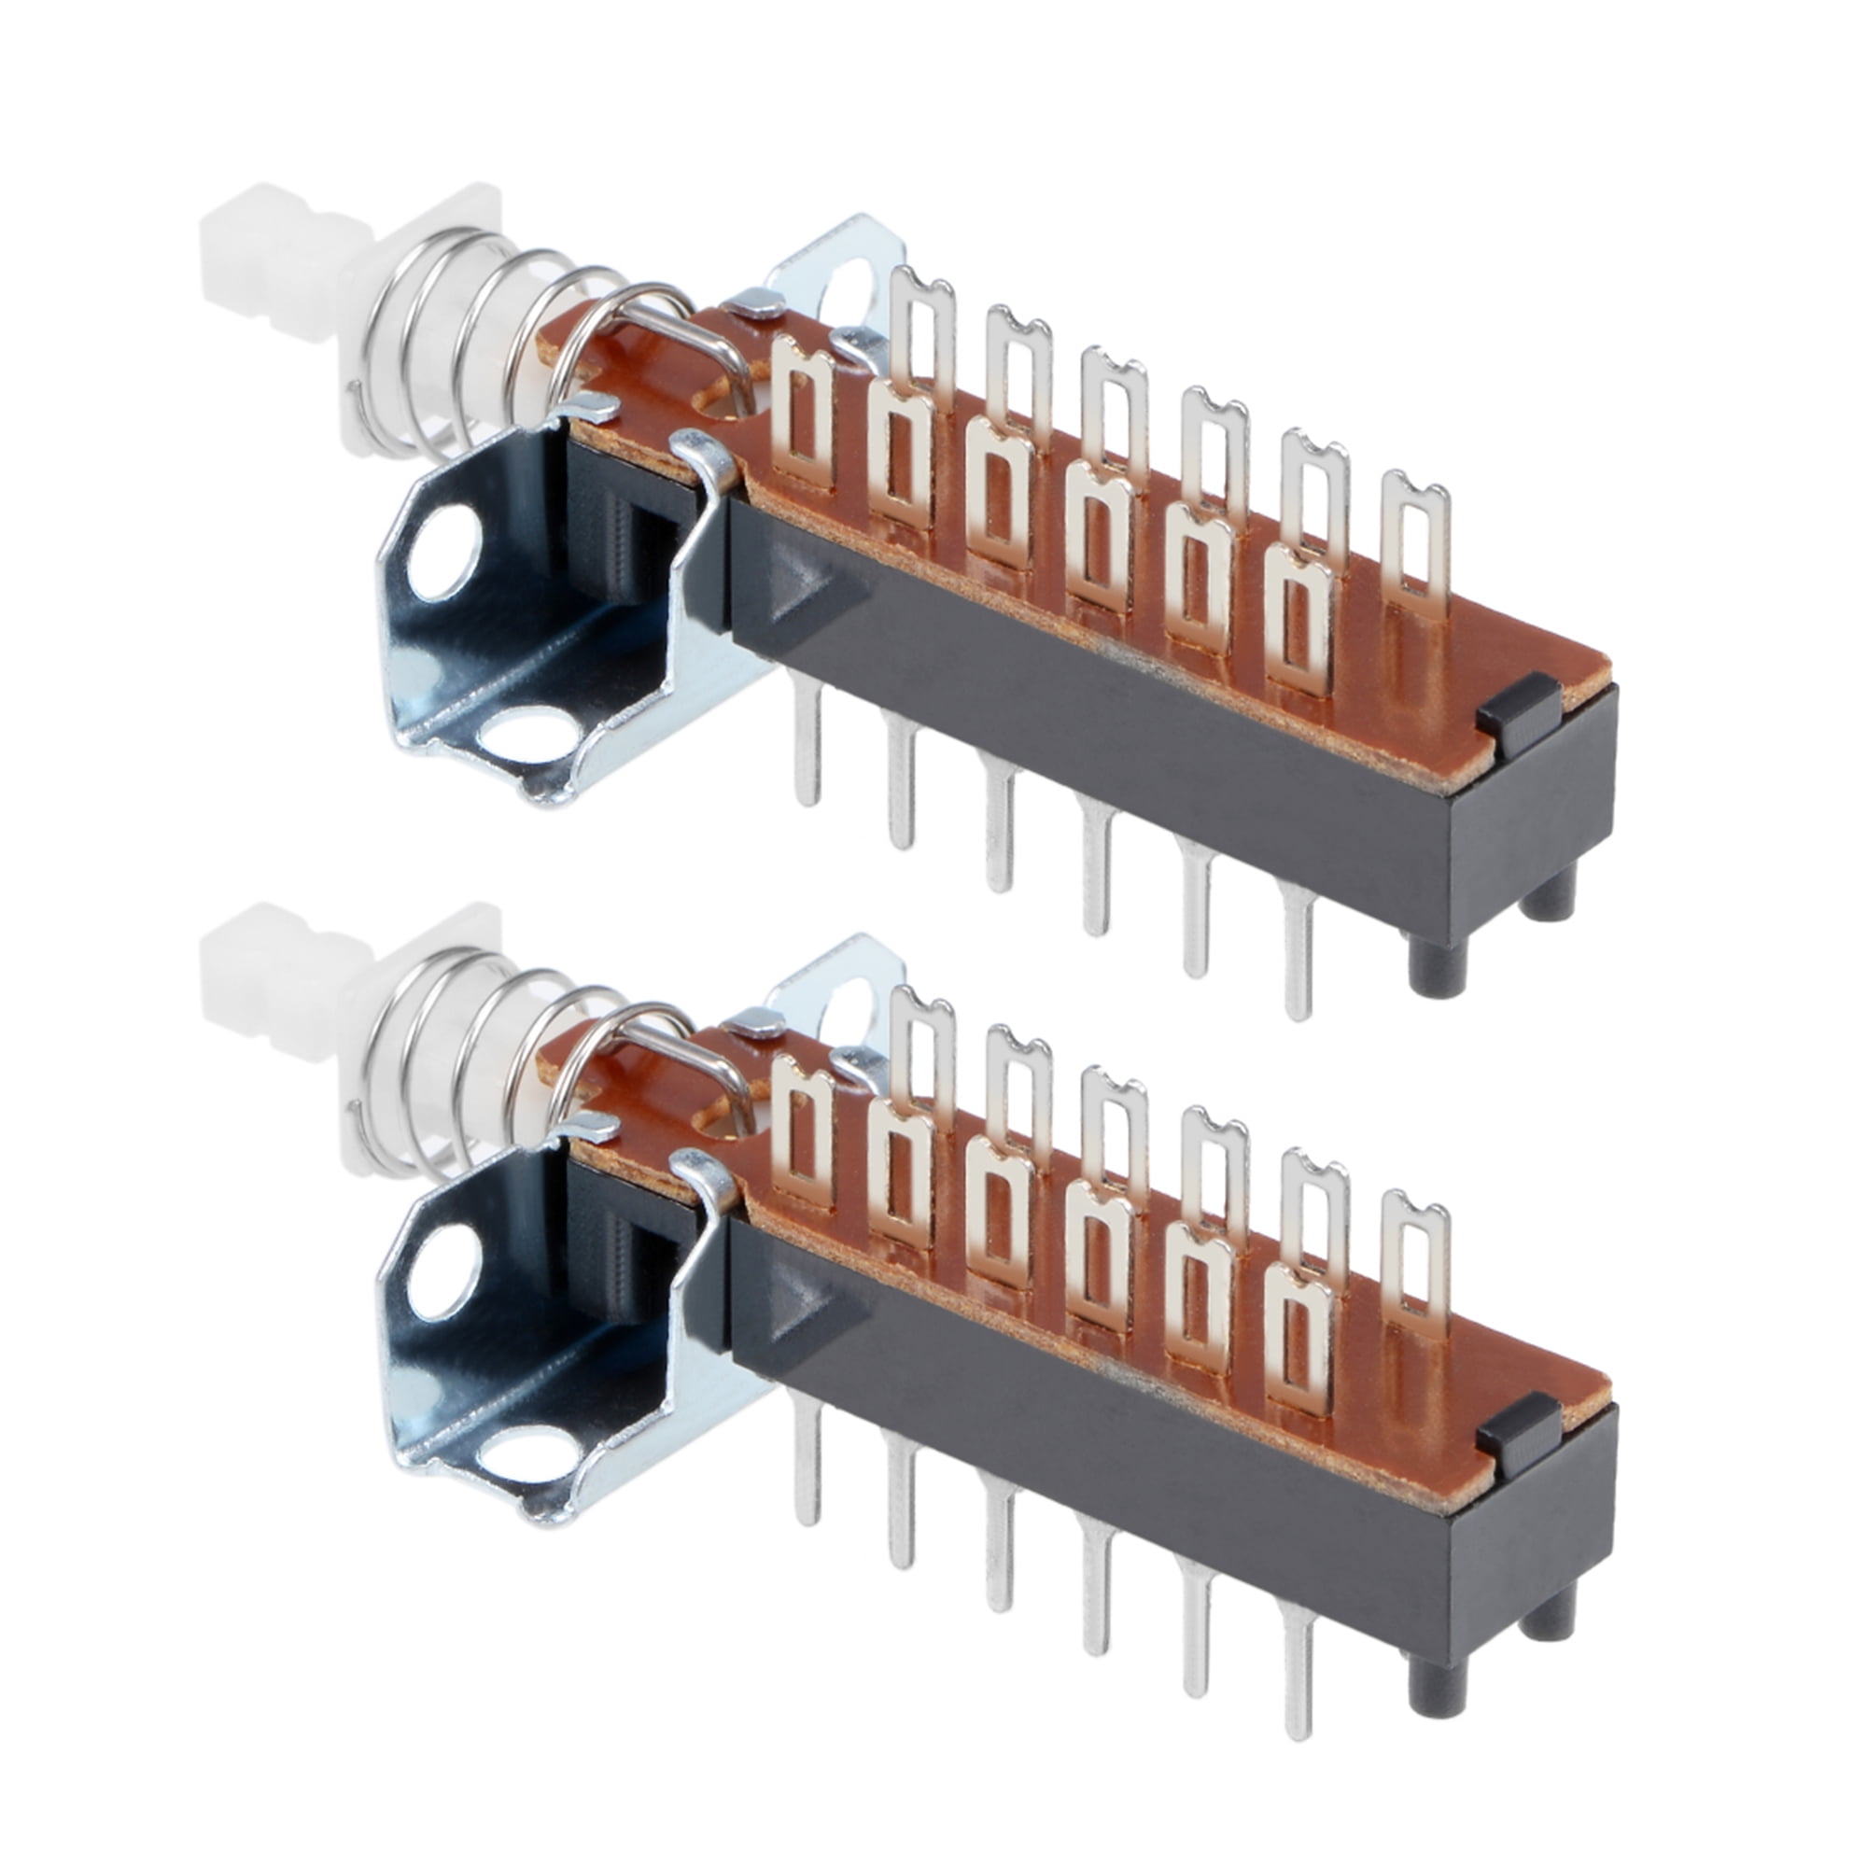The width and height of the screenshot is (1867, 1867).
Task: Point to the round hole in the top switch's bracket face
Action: click(x=444, y=554)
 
